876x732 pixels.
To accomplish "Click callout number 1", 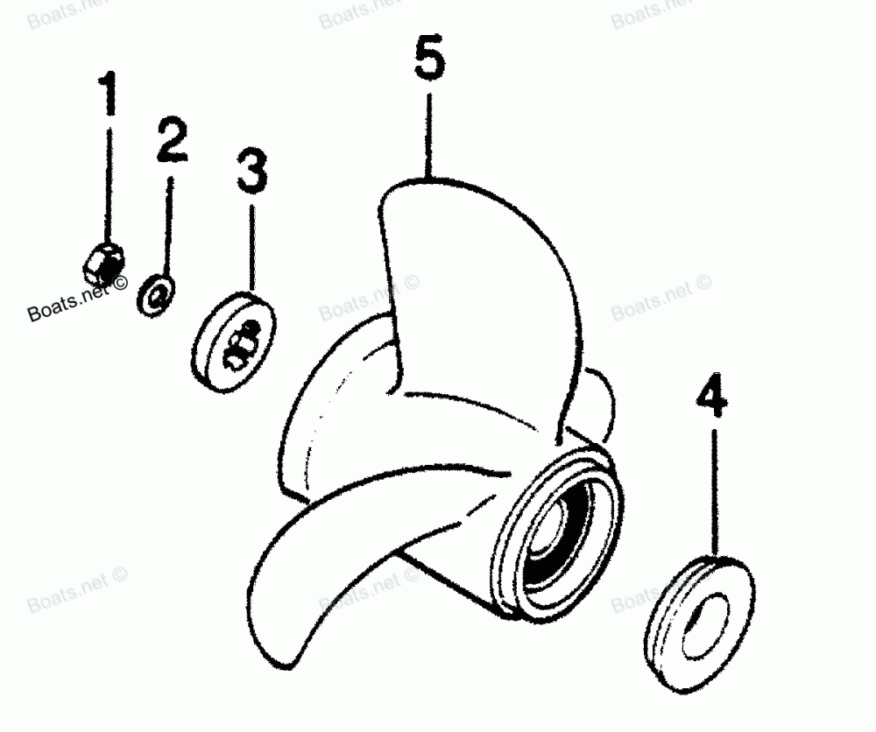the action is point(109,97).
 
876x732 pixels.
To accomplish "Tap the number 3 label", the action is point(252,172).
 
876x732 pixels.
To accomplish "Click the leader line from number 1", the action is point(109,175).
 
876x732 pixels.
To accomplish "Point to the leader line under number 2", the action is point(170,223).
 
